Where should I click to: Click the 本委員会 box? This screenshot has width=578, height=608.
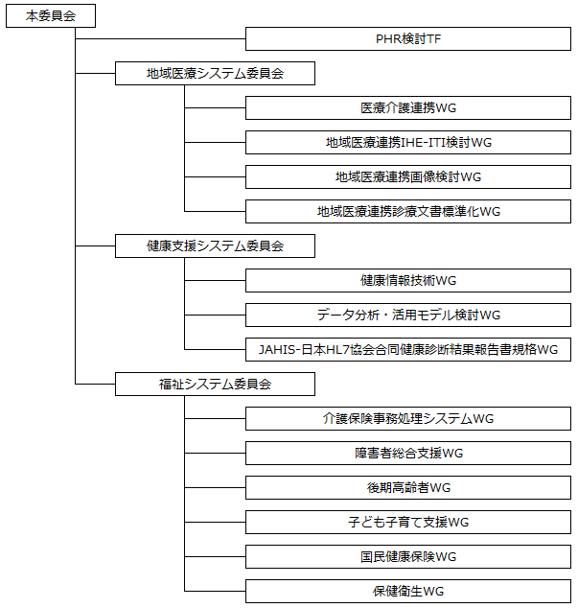pos(51,16)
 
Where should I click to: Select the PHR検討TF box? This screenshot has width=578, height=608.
pos(408,38)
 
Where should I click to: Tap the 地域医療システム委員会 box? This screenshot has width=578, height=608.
pos(215,73)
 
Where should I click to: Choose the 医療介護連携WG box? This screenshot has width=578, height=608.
pos(408,107)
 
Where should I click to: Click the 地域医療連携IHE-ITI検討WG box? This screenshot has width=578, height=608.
pos(408,142)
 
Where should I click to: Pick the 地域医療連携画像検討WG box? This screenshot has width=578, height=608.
pos(408,176)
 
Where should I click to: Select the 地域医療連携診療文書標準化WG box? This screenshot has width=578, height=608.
pos(408,211)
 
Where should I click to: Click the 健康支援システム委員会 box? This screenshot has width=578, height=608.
pos(215,246)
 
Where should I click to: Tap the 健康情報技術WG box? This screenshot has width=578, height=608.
pos(408,280)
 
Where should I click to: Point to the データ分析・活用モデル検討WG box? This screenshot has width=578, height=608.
pos(408,315)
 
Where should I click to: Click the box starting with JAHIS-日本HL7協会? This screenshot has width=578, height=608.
pos(408,349)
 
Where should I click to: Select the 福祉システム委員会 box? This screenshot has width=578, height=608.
pos(215,384)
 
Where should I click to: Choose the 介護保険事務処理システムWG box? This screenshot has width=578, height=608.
pos(408,418)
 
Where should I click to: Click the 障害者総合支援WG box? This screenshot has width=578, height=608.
pos(408,453)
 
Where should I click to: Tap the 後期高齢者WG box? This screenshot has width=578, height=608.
pos(408,487)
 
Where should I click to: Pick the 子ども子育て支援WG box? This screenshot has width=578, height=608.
pos(408,522)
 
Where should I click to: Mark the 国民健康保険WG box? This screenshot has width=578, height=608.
pos(408,556)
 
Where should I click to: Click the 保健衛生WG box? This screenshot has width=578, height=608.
pos(408,591)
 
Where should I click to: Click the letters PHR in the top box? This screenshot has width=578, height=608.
pos(388,38)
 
